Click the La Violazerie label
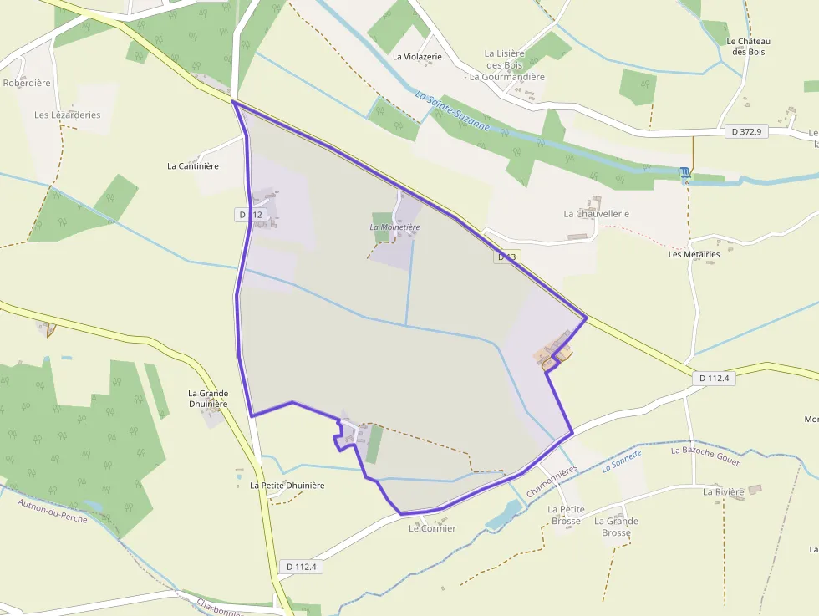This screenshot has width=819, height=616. tap(417, 57)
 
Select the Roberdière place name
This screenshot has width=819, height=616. tap(27, 83)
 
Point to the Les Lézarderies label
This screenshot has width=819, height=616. tap(67, 115)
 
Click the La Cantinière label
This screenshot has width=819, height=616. tap(193, 165)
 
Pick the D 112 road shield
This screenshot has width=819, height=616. tap(251, 215)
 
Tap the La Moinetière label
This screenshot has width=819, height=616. tap(394, 227)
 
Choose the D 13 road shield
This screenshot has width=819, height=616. tap(507, 257)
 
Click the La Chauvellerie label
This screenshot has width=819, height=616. tap(597, 214)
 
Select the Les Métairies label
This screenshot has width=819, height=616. tap(694, 254)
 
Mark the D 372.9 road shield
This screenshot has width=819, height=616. tap(745, 132)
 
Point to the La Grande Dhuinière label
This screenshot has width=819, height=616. tap(207, 399)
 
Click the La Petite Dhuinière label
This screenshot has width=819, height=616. tap(287, 485)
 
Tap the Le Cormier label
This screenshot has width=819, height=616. tap(432, 528)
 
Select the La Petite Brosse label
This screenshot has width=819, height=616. tap(566, 515)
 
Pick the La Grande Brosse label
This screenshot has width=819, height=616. tap(616, 527)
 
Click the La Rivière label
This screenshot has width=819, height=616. tap(723, 492)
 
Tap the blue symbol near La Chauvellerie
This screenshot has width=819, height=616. tap(685, 172)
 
